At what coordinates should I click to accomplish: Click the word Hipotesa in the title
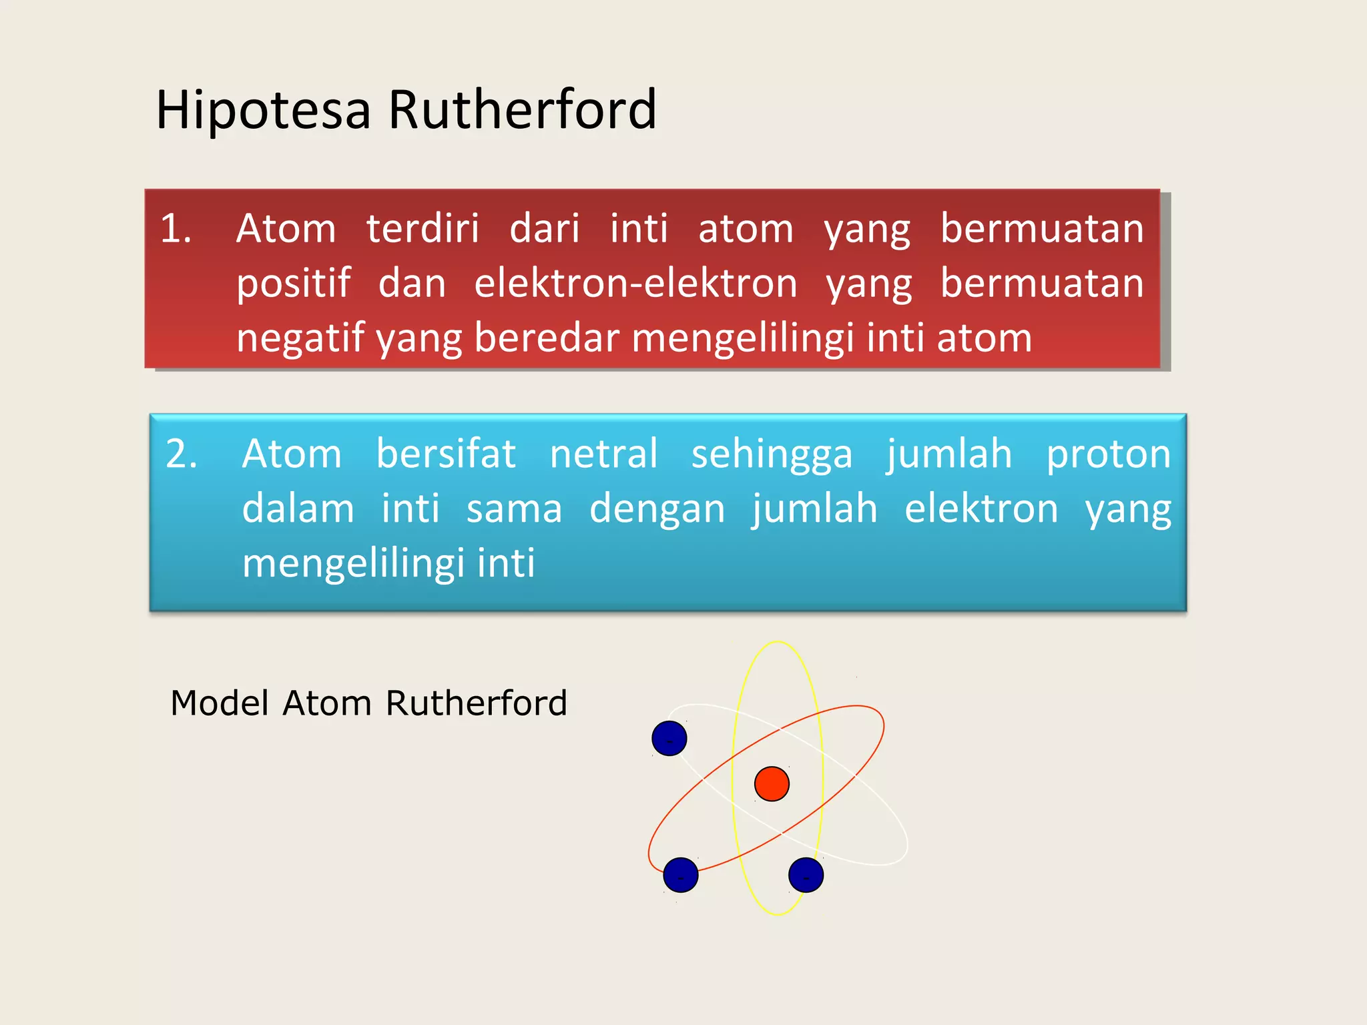[263, 109]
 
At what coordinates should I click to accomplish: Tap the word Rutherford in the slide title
[522, 109]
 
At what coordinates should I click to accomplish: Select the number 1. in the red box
[176, 228]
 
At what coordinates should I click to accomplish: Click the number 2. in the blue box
[182, 454]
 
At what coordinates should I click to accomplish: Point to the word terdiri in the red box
[423, 228]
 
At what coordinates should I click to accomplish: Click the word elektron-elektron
[635, 283]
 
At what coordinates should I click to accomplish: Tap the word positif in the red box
[294, 283]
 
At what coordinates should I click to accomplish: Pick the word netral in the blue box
[603, 454]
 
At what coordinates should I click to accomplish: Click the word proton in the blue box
[1108, 454]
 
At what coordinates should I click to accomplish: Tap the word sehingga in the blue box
[772, 455]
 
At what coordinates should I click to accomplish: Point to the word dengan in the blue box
[657, 508]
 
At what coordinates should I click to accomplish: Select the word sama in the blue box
[514, 508]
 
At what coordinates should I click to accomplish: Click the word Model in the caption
[220, 703]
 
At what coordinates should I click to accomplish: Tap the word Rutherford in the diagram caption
[476, 703]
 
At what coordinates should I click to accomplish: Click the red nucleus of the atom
[772, 783]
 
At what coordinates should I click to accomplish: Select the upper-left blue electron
[669, 738]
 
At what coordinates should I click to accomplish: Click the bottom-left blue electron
[680, 875]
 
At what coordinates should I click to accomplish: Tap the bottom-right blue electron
[806, 875]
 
